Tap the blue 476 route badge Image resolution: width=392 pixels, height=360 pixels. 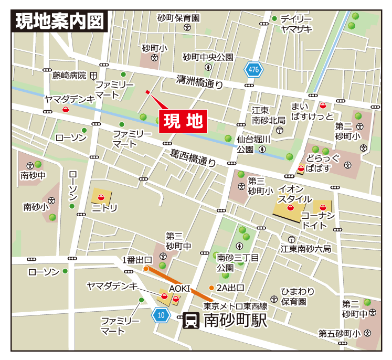tap(254, 69)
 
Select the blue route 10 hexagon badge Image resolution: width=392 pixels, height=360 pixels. tap(162, 315)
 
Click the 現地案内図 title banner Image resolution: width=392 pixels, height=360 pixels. tap(59, 22)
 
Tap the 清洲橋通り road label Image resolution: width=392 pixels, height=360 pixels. tap(199, 82)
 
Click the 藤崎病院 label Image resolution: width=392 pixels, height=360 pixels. tap(69, 76)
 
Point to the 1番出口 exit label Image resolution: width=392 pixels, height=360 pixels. tap(137, 260)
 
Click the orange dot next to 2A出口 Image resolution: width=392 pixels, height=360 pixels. tap(211, 288)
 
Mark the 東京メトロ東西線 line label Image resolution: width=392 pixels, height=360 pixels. tap(235, 306)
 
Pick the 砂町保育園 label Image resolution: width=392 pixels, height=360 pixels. tap(178, 18)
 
